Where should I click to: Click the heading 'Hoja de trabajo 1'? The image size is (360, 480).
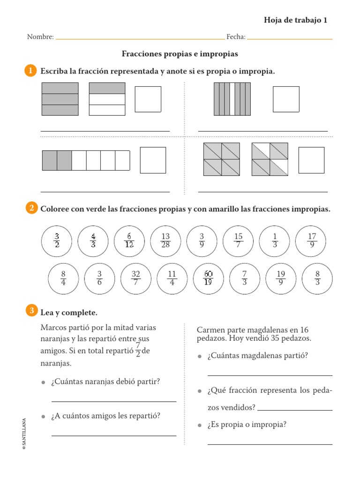(x=295, y=20)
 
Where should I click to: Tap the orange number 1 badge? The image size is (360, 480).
(x=30, y=71)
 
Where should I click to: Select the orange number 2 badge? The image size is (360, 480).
(x=30, y=209)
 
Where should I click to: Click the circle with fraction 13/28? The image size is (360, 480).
(x=165, y=241)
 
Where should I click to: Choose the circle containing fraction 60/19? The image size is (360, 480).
(x=209, y=279)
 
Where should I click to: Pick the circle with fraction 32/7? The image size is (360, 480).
(x=136, y=279)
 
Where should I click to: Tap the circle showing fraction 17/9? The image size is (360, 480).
(x=312, y=241)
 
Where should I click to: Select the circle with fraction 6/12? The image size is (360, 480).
(x=129, y=241)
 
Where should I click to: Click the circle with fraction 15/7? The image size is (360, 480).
(x=239, y=241)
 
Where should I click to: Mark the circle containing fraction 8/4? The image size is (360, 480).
(x=63, y=279)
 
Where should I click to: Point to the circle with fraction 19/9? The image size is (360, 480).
(x=281, y=279)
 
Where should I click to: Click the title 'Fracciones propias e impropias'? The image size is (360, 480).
(x=180, y=54)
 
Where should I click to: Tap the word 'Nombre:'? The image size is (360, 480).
(x=40, y=37)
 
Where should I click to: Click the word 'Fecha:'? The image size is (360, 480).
(x=236, y=37)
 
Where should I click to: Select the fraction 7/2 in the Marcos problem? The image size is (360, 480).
(x=138, y=350)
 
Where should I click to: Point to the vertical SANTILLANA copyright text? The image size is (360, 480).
(x=24, y=434)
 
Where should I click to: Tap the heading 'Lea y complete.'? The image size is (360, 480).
(x=69, y=312)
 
